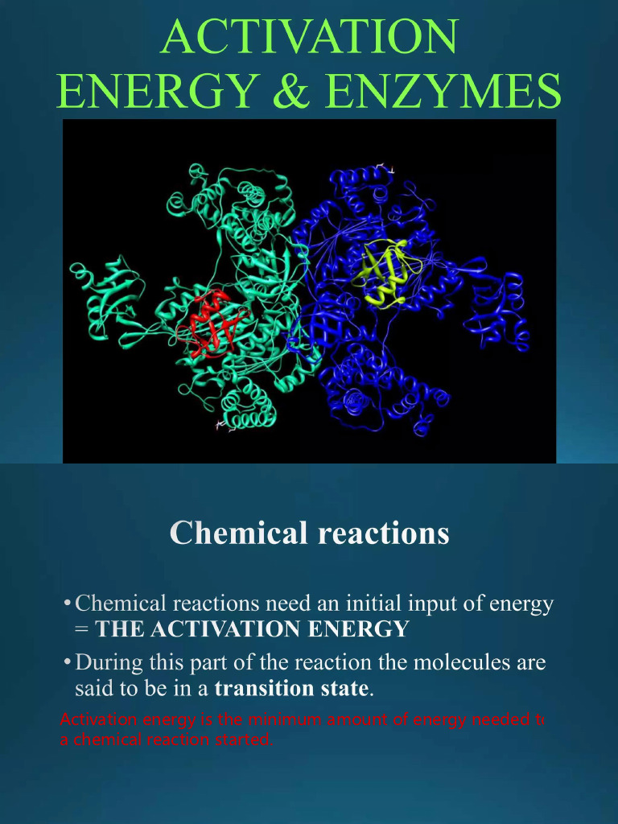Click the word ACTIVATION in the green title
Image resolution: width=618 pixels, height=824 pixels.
310,37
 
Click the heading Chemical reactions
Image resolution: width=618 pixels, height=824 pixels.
309,533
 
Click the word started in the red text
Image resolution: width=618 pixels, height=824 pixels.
240,740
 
